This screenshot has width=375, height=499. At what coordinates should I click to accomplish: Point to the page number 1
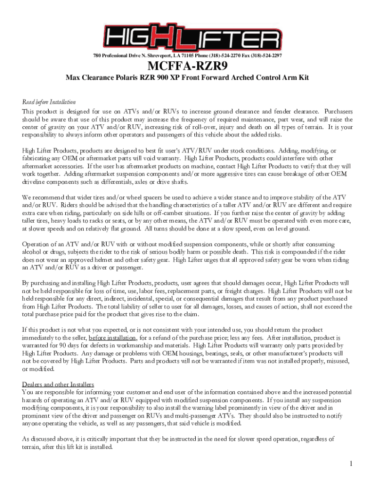tap(350, 463)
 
